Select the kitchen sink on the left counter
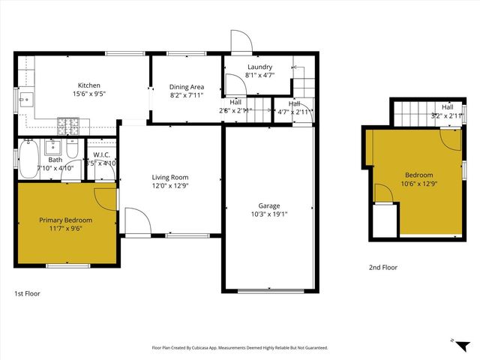[24, 97]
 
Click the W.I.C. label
[100, 156]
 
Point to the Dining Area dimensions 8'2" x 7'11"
[187, 95]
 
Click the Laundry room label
[259, 67]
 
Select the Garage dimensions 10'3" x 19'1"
[268, 214]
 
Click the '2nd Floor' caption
[383, 267]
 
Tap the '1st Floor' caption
[28, 293]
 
